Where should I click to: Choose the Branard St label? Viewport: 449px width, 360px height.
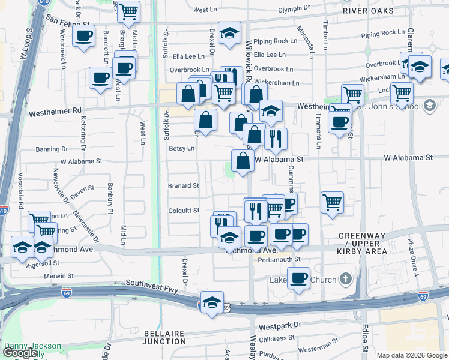pyautogui.click(x=183, y=186)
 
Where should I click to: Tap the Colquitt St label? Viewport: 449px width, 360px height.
pyautogui.click(x=184, y=211)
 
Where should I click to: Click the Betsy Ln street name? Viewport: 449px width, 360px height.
pyautogui.click(x=182, y=148)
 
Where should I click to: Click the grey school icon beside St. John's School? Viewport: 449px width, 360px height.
pyautogui.click(x=429, y=106)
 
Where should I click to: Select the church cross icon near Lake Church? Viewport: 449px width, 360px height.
pyautogui.click(x=345, y=278)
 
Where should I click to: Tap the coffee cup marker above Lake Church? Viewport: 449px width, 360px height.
pyautogui.click(x=298, y=278)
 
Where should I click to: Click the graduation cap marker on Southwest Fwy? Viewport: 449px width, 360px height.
pyautogui.click(x=212, y=302)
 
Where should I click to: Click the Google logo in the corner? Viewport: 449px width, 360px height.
pyautogui.click(x=20, y=353)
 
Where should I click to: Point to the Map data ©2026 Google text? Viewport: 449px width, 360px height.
pyautogui.click(x=412, y=355)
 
